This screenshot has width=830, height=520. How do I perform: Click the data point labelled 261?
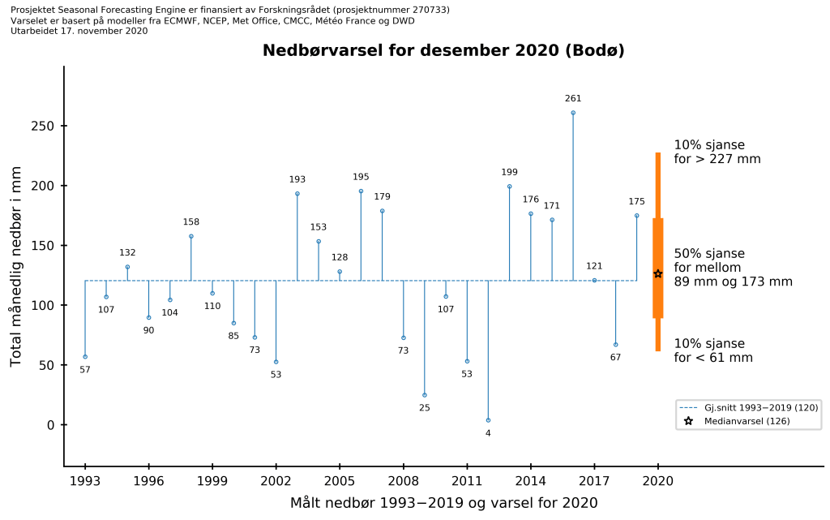pyautogui.click(x=573, y=113)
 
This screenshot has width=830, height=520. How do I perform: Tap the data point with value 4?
pyautogui.click(x=488, y=420)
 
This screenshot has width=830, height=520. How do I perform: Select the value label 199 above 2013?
pyautogui.click(x=509, y=172)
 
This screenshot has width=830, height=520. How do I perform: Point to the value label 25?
pyautogui.click(x=424, y=407)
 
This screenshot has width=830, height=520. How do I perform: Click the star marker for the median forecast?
pyautogui.click(x=658, y=274)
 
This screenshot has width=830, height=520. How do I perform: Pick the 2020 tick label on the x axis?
pyautogui.click(x=658, y=480)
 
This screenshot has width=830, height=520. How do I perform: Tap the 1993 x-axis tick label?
pyautogui.click(x=85, y=480)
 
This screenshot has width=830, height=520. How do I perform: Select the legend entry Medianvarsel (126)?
pyautogui.click(x=747, y=421)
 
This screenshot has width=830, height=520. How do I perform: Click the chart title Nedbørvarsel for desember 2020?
pyautogui.click(x=443, y=50)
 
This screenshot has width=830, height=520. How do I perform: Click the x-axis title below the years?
pyautogui.click(x=443, y=503)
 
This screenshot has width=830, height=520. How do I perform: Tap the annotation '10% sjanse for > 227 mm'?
pyautogui.click(x=717, y=152)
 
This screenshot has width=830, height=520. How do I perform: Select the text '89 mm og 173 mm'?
pyautogui.click(x=733, y=281)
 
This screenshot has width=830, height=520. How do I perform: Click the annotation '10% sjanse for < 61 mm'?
pyautogui.click(x=712, y=350)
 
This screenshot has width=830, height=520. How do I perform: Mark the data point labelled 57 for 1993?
pyautogui.click(x=85, y=356)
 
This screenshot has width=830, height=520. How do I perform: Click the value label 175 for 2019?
pyautogui.click(x=636, y=201)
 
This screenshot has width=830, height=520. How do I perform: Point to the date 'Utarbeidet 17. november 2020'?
pyautogui.click(x=79, y=31)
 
